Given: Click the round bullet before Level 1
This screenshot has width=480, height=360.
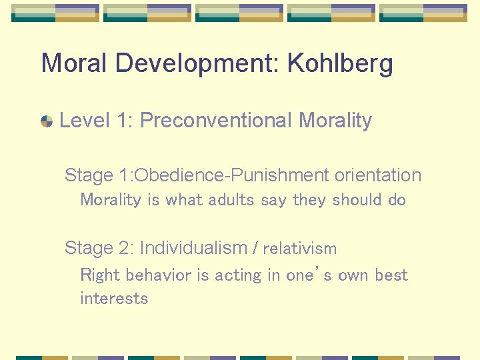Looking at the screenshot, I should coord(47,121).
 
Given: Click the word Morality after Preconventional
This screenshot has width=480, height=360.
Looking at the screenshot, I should coord(335,121).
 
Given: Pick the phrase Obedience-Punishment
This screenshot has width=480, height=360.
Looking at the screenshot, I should coord(233,175).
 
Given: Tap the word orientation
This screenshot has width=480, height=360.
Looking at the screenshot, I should coord(378,175).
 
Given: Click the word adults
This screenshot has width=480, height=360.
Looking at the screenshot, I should coord(228,200).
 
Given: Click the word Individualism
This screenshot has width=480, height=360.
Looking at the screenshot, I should coord(193,248).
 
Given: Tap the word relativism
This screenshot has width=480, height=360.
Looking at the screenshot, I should coord(300,249).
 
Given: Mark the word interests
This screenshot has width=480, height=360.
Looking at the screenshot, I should coord(114,299).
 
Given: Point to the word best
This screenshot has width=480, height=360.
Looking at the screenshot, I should coord(391,275).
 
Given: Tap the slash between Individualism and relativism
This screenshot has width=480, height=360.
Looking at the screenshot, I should coord(255,248).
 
